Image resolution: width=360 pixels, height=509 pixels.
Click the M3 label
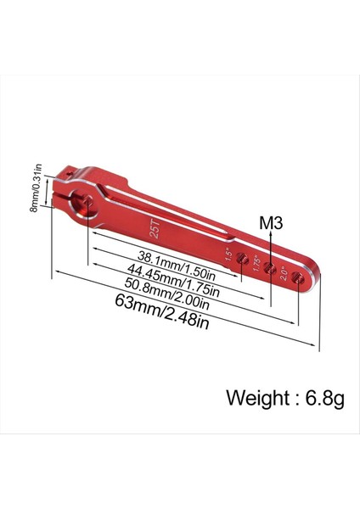[271, 224]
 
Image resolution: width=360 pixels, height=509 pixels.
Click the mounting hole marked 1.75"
[270, 269]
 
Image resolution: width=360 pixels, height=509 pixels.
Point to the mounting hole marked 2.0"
[295, 277]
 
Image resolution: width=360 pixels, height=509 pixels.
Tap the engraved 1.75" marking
[256, 263]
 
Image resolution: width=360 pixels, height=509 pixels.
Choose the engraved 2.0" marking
[283, 271]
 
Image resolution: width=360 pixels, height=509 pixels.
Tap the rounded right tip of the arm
[316, 280]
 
